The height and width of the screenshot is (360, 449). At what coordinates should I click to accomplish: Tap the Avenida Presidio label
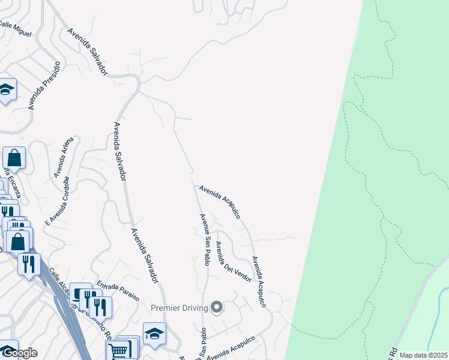(x=44, y=85)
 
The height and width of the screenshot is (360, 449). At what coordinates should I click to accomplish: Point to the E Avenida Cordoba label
(x=57, y=201)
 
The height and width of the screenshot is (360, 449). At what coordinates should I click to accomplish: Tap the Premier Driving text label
(x=179, y=308)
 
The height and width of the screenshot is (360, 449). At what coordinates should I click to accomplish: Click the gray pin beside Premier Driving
(x=217, y=308)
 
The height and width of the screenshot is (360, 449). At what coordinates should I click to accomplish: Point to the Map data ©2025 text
(x=423, y=355)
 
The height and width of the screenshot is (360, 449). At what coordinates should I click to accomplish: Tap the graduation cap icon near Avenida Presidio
(x=7, y=90)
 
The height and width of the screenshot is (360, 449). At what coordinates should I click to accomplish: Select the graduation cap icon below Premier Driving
(x=154, y=334)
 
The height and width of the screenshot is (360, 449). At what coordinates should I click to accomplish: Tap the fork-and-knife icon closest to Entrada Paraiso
(x=99, y=307)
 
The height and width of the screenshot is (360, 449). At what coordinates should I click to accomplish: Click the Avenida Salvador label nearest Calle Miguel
(x=87, y=51)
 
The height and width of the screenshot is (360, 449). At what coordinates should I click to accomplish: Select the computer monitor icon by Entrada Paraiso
(x=79, y=293)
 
